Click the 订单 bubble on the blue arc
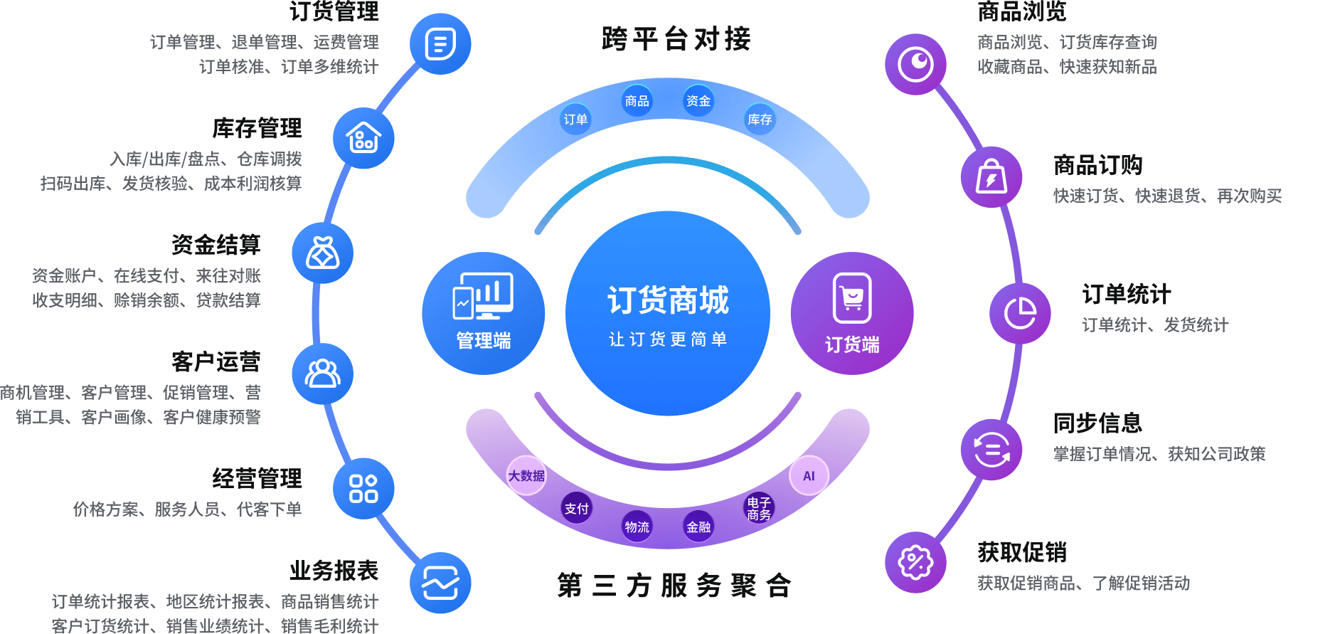[575, 119]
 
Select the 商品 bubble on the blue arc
[637, 101]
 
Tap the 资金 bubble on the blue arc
[698, 101]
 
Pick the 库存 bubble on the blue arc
[760, 119]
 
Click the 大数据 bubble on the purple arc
[526, 475]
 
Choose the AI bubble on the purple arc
[809, 476]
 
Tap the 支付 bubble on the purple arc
[577, 508]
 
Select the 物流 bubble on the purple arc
[637, 527]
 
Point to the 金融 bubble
[698, 527]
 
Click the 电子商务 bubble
[759, 508]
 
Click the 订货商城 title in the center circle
[668, 300]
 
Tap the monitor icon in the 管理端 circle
[483, 296]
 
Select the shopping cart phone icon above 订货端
[852, 298]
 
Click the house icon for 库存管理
[363, 138]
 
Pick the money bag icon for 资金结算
[323, 253]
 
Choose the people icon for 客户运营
[323, 374]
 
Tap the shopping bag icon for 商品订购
[991, 177]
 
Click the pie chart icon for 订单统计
[1020, 313]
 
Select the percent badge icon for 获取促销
[915, 562]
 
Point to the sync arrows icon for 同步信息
[991, 450]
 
